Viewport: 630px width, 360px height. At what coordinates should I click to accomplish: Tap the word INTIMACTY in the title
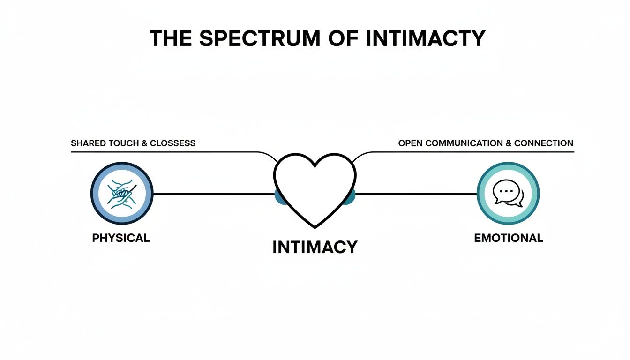pos(425,38)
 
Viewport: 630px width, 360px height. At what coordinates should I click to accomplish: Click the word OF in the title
pos(342,38)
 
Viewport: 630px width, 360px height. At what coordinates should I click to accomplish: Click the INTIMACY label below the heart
pos(315,247)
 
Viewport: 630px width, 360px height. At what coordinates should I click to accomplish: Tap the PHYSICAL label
pos(121,238)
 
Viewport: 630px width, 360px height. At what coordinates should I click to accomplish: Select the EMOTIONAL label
pos(509,238)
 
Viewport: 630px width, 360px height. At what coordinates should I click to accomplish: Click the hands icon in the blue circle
pos(122,194)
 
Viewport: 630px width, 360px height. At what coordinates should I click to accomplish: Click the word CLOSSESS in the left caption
pos(172,143)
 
